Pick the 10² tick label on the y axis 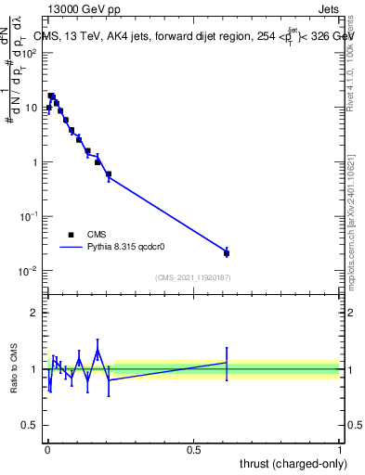tap(30, 53)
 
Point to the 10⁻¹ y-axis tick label tap(30, 216)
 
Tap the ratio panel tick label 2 tap(33, 313)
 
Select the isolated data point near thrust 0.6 tap(227, 252)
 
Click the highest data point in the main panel tap(51, 96)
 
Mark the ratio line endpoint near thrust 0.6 tap(227, 362)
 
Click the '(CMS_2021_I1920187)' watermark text tap(192, 276)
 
